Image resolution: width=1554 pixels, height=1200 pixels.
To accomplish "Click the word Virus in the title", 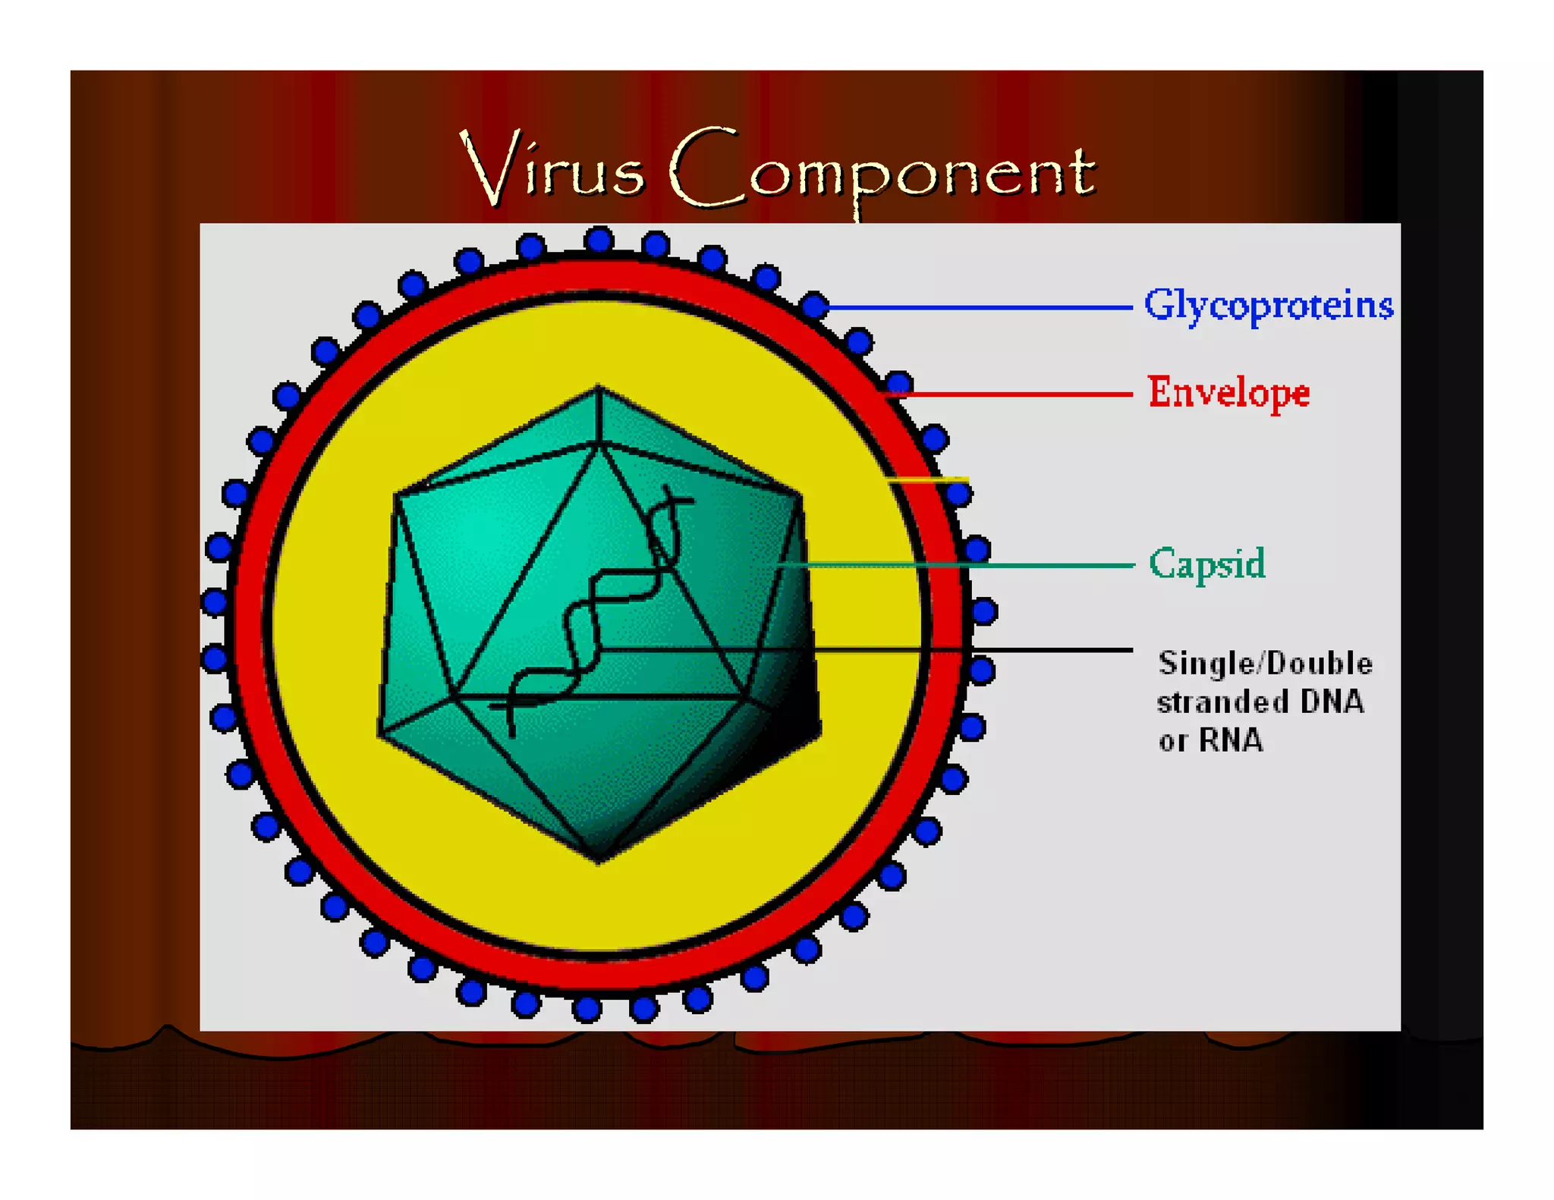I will tap(552, 168).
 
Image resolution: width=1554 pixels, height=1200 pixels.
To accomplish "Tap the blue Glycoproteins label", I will tap(1269, 306).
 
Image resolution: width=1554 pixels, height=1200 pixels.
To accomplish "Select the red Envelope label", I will tap(1229, 393).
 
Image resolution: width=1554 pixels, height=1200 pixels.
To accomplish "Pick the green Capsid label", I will tap(1206, 564).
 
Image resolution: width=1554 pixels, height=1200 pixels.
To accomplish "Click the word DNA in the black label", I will tap(1332, 702).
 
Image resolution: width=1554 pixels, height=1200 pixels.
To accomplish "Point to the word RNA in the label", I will tap(1231, 740).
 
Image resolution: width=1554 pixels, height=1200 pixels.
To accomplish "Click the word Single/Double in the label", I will tap(1265, 664).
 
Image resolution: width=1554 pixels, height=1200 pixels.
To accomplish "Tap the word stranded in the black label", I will tap(1222, 702).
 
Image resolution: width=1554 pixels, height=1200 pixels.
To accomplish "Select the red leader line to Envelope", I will tap(1017, 394).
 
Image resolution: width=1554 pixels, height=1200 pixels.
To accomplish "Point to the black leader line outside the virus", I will tap(1055, 650).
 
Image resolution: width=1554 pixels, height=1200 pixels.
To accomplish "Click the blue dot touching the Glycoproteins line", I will tap(814, 306).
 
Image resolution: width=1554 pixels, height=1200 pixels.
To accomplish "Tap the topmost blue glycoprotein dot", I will tap(599, 240).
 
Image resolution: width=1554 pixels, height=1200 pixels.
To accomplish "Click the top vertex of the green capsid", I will tap(599, 388).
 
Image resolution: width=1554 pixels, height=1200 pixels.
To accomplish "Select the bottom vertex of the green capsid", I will tap(599, 860).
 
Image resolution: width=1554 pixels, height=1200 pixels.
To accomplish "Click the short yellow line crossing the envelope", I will tap(930, 479).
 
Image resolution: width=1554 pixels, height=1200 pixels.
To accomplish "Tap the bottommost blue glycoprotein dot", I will tap(587, 1009).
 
